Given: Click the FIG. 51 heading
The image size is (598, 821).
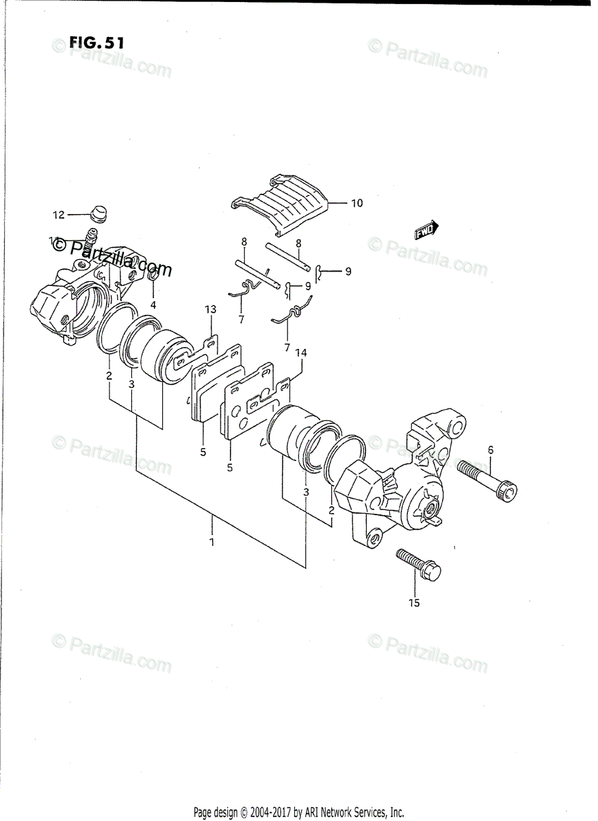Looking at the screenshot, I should [x=96, y=42].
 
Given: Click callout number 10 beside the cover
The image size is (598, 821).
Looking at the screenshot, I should [x=356, y=203].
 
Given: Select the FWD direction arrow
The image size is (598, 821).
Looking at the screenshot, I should [x=426, y=231].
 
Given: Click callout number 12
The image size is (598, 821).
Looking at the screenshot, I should [x=58, y=215].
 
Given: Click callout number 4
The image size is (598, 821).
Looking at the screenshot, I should [x=153, y=304].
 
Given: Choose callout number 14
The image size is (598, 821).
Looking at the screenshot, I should [x=300, y=353].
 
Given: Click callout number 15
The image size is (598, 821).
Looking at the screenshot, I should [x=414, y=603].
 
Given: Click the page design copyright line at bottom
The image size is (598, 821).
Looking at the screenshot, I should [x=299, y=813].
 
